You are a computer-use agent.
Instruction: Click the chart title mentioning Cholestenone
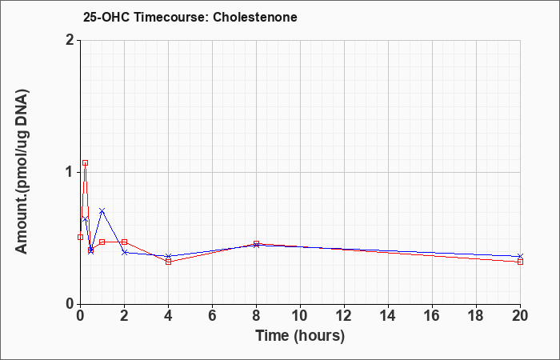190,17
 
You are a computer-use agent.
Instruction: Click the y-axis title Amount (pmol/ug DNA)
22,172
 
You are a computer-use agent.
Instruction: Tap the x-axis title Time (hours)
300,336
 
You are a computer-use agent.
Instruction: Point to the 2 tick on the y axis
70,40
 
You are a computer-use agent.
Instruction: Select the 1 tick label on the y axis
70,173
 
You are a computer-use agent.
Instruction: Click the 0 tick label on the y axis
70,304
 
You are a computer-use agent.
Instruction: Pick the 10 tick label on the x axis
300,316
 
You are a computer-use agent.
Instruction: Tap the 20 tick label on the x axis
520,316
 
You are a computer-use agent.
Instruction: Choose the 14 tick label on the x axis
388,316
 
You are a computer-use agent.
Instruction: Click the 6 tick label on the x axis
212,316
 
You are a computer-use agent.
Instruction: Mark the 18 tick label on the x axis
476,316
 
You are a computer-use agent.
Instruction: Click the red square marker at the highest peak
85,163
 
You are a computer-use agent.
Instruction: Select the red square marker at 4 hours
169,262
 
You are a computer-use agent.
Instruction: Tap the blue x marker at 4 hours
169,257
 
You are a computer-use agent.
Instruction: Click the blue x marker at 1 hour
102,210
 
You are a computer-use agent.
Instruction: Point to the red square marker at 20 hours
520,262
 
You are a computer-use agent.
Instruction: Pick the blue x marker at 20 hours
520,257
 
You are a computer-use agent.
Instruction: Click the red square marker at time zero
80,237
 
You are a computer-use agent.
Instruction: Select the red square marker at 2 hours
124,242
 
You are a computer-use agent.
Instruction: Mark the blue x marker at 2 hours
124,253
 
